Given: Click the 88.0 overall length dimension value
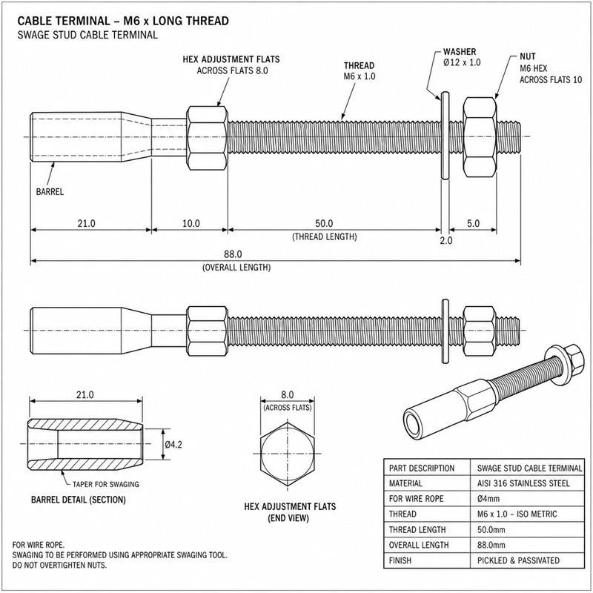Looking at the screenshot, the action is [233, 254].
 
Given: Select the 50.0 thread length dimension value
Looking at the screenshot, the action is [324, 224].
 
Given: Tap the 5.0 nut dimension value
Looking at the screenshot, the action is [473, 224].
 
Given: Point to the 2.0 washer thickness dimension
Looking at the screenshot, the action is [446, 240].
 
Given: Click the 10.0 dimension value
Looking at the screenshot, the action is [191, 224].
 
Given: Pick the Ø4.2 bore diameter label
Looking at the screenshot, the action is [173, 444].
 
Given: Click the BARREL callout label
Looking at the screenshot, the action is [50, 192].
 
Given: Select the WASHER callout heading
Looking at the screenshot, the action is [460, 52].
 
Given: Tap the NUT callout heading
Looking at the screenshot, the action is [528, 57].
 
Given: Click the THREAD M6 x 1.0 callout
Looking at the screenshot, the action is [360, 70].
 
